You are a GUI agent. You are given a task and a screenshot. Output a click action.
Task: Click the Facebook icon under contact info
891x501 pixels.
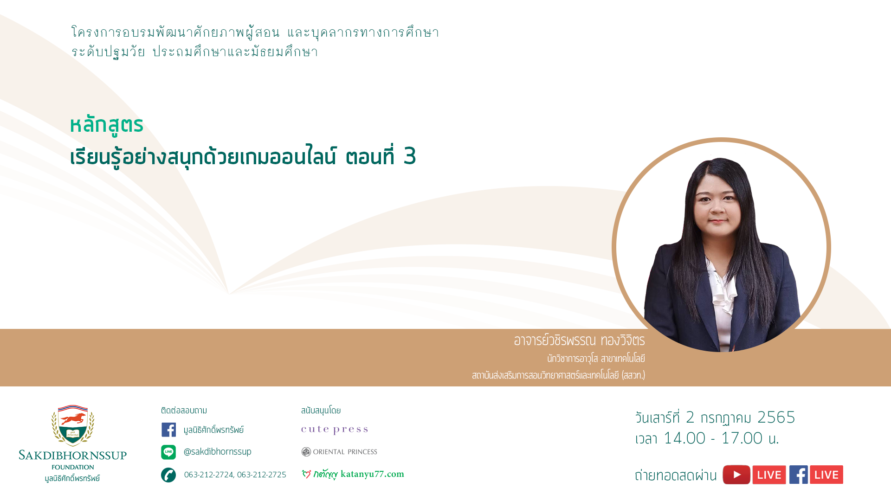pos(168,430)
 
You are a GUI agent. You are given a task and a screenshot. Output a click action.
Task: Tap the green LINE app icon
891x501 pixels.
pos(168,452)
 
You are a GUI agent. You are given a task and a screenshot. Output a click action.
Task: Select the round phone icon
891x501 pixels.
pos(168,475)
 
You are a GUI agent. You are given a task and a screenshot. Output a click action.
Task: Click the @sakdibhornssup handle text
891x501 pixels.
pos(218,451)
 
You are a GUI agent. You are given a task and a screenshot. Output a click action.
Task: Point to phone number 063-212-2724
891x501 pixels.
pos(209,475)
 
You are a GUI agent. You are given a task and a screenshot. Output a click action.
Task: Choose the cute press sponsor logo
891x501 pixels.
pos(335,430)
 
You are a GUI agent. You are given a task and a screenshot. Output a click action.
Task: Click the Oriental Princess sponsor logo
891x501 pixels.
pos(339,452)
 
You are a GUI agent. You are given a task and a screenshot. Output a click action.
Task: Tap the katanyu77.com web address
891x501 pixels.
pos(372,474)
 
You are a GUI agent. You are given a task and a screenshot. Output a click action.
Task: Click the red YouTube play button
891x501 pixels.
pos(736,475)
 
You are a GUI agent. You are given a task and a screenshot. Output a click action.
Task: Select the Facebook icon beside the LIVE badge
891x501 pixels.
pos(799,475)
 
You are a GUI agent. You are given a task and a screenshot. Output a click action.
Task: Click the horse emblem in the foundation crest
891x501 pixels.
pos(73,419)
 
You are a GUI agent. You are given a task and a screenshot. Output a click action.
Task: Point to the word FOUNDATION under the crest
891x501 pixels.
pos(73,467)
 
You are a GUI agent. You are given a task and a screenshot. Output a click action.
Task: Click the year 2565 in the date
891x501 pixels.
pos(776,417)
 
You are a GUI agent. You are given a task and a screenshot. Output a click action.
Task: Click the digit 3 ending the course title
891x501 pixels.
pos(410,156)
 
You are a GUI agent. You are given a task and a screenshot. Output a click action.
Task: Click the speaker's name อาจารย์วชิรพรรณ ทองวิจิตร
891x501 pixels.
pos(579,340)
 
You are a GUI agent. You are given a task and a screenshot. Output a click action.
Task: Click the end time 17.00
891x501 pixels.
pos(742,438)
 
